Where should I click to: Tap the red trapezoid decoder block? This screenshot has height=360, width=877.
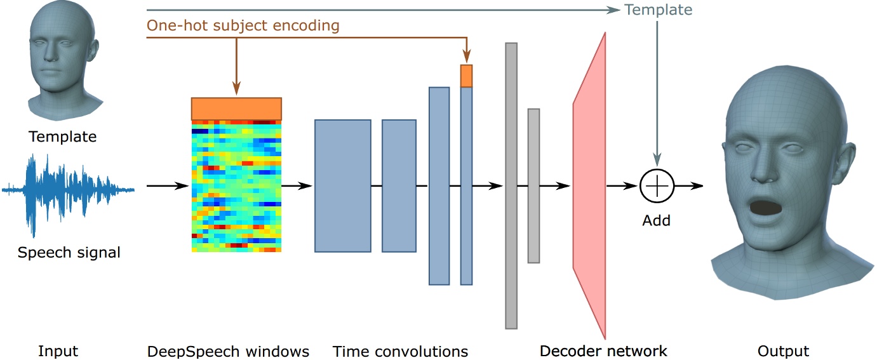589,186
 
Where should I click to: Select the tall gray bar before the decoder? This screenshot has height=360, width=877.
511,186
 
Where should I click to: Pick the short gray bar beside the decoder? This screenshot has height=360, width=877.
533,186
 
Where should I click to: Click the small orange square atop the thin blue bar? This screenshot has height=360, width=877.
467,76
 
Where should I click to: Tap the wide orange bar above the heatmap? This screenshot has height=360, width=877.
236,109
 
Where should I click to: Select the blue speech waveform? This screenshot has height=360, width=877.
69,189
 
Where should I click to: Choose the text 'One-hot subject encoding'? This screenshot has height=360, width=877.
243,26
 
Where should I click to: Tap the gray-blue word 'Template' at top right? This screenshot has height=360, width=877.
658,10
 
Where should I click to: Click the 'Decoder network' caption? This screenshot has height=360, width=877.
603,351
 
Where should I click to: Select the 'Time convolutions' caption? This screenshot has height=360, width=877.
400,351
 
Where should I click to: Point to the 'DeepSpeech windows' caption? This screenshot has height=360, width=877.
228,351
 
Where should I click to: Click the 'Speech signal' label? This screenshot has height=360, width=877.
69,253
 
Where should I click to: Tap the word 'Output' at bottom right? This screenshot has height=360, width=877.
783,351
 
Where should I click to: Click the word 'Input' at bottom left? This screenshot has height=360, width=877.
58,351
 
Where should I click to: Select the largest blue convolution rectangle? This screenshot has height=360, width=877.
343,186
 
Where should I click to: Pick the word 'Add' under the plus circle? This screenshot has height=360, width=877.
657,221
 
